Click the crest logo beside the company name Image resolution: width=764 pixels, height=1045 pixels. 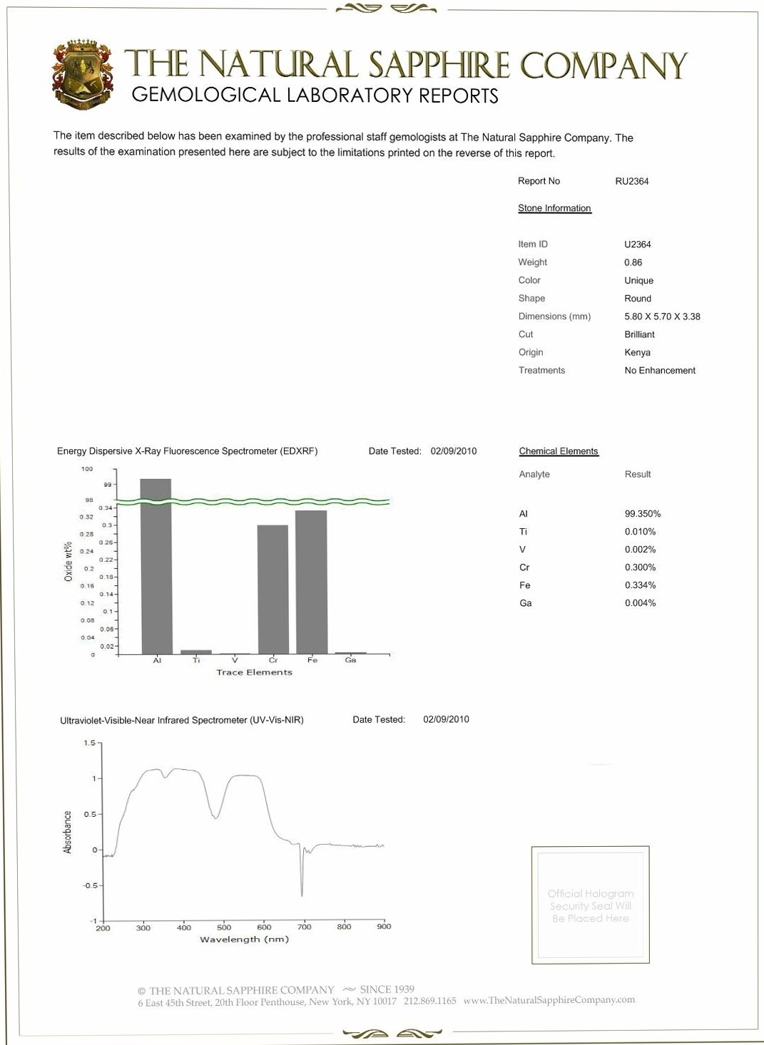click(82, 75)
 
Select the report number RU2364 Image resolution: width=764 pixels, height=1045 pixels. click(631, 181)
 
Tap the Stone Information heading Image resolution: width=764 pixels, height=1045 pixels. click(554, 208)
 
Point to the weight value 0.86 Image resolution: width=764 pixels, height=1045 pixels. click(633, 262)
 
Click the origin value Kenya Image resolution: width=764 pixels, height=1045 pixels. click(637, 352)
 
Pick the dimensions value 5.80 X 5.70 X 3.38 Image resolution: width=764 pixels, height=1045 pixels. click(662, 316)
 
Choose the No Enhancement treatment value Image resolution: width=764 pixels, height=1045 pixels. click(660, 371)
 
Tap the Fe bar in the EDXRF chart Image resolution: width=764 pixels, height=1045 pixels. click(311, 582)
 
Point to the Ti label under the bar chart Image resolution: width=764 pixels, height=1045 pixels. click(196, 661)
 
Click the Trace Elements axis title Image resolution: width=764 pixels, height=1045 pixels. click(254, 672)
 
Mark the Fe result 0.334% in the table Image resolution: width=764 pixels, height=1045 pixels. click(640, 585)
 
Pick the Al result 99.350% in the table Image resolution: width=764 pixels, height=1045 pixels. click(642, 514)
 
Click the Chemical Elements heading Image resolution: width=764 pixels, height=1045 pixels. click(559, 451)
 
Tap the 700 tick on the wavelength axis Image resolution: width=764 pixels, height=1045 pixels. click(305, 927)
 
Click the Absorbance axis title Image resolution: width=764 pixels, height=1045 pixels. click(68, 832)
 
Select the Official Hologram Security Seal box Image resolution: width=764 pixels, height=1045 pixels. click(590, 905)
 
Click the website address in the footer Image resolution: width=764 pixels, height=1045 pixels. click(549, 1000)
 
